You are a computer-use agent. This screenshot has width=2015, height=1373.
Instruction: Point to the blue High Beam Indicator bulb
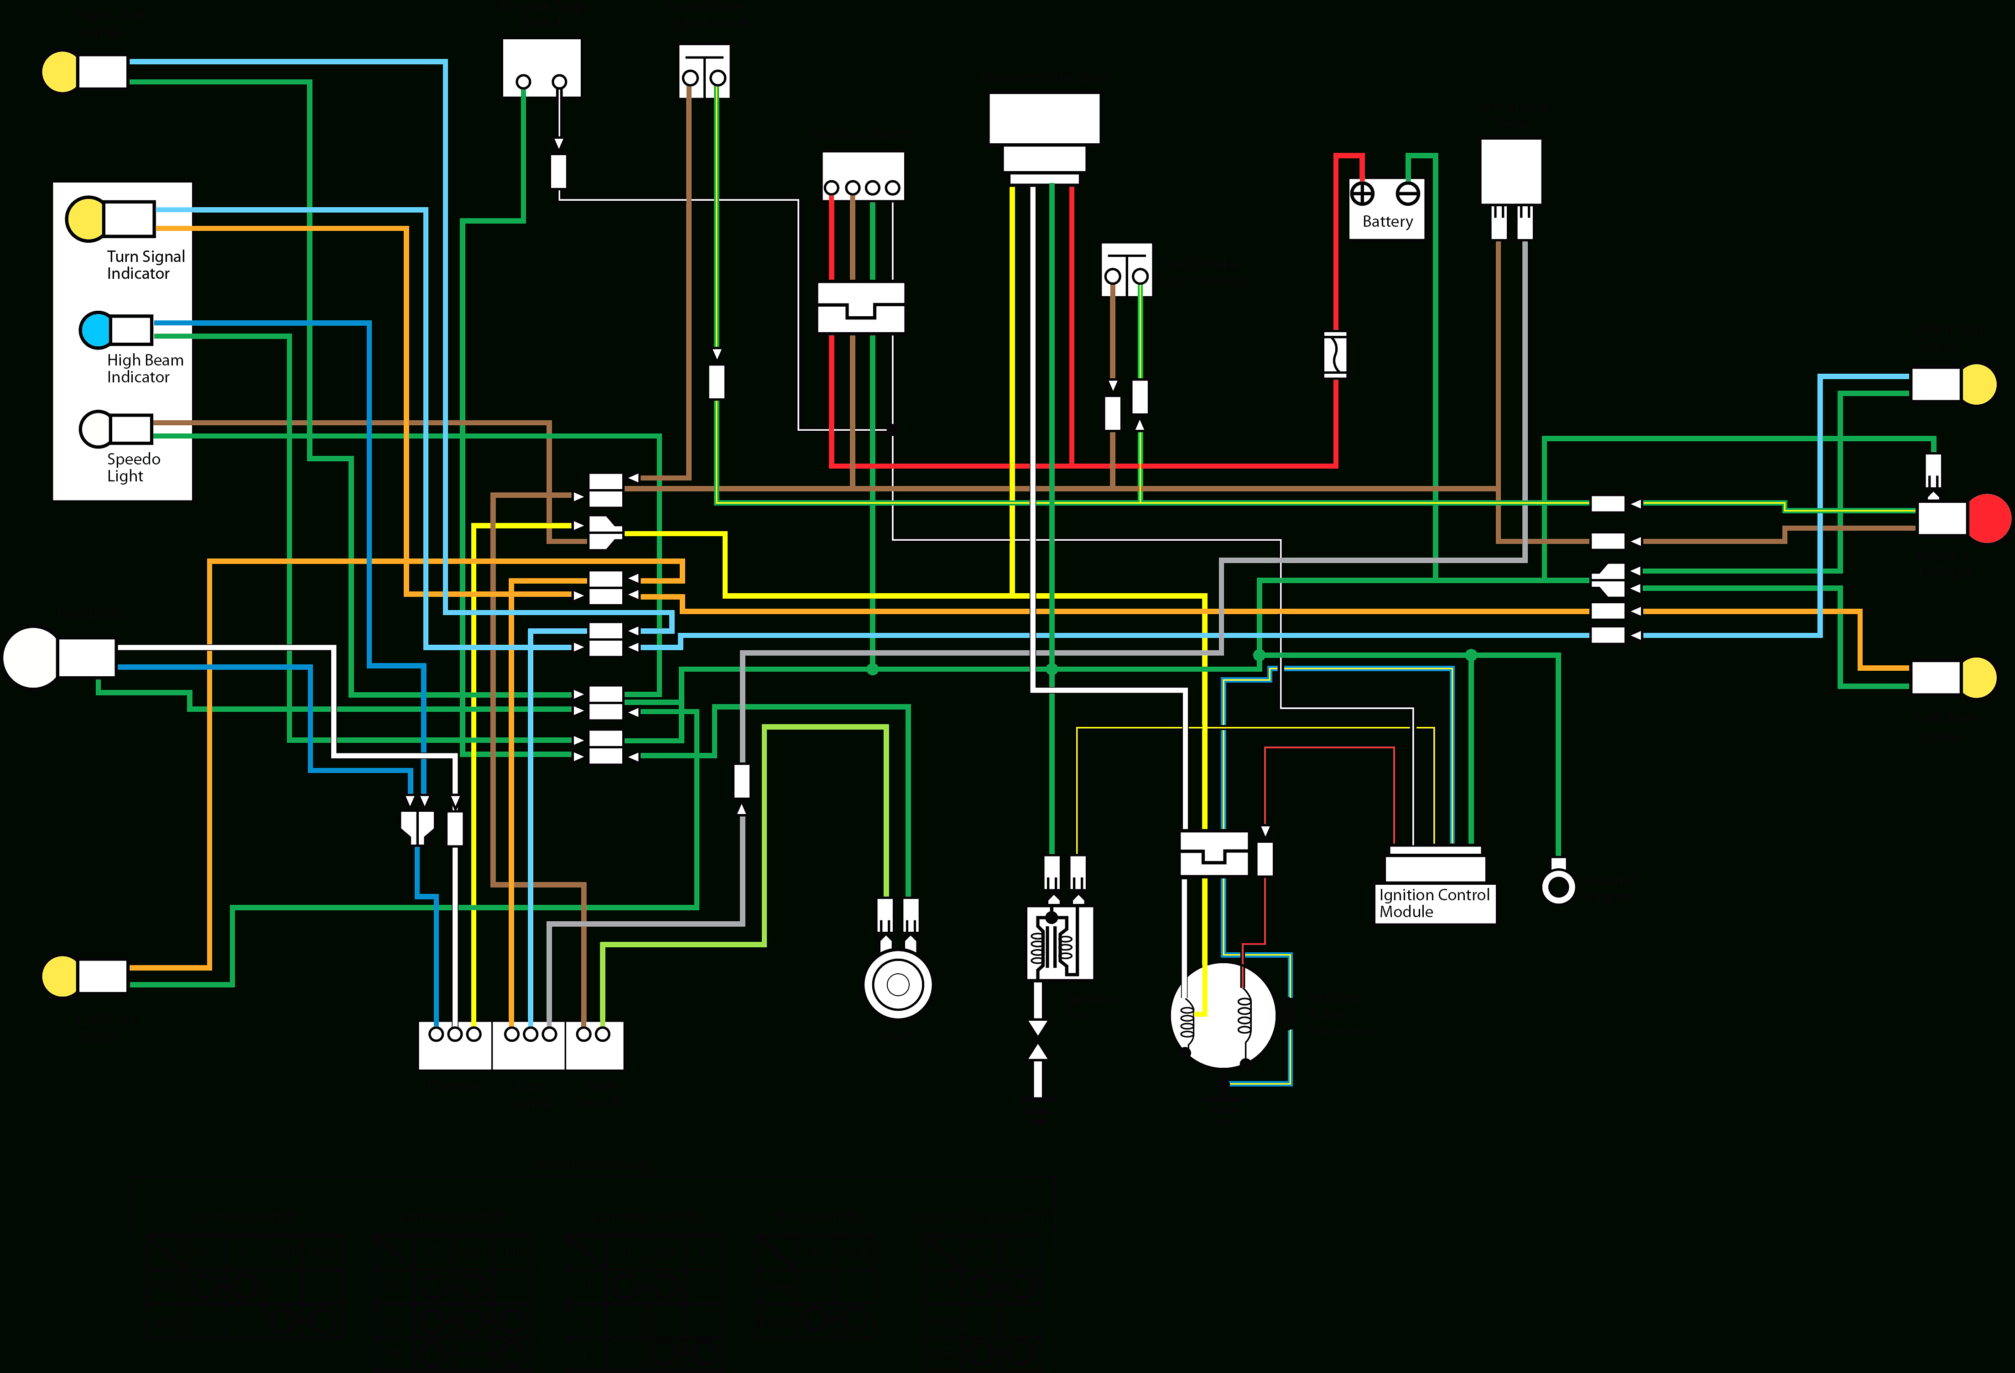point(95,329)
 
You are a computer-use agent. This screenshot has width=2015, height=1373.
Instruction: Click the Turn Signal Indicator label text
point(146,265)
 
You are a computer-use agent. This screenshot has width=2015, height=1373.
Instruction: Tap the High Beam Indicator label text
point(145,368)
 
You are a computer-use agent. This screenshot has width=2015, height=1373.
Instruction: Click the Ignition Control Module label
point(1434,903)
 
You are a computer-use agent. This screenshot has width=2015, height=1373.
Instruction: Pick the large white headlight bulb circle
point(31,658)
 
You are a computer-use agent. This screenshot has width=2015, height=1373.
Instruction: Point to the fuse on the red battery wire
point(1335,354)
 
